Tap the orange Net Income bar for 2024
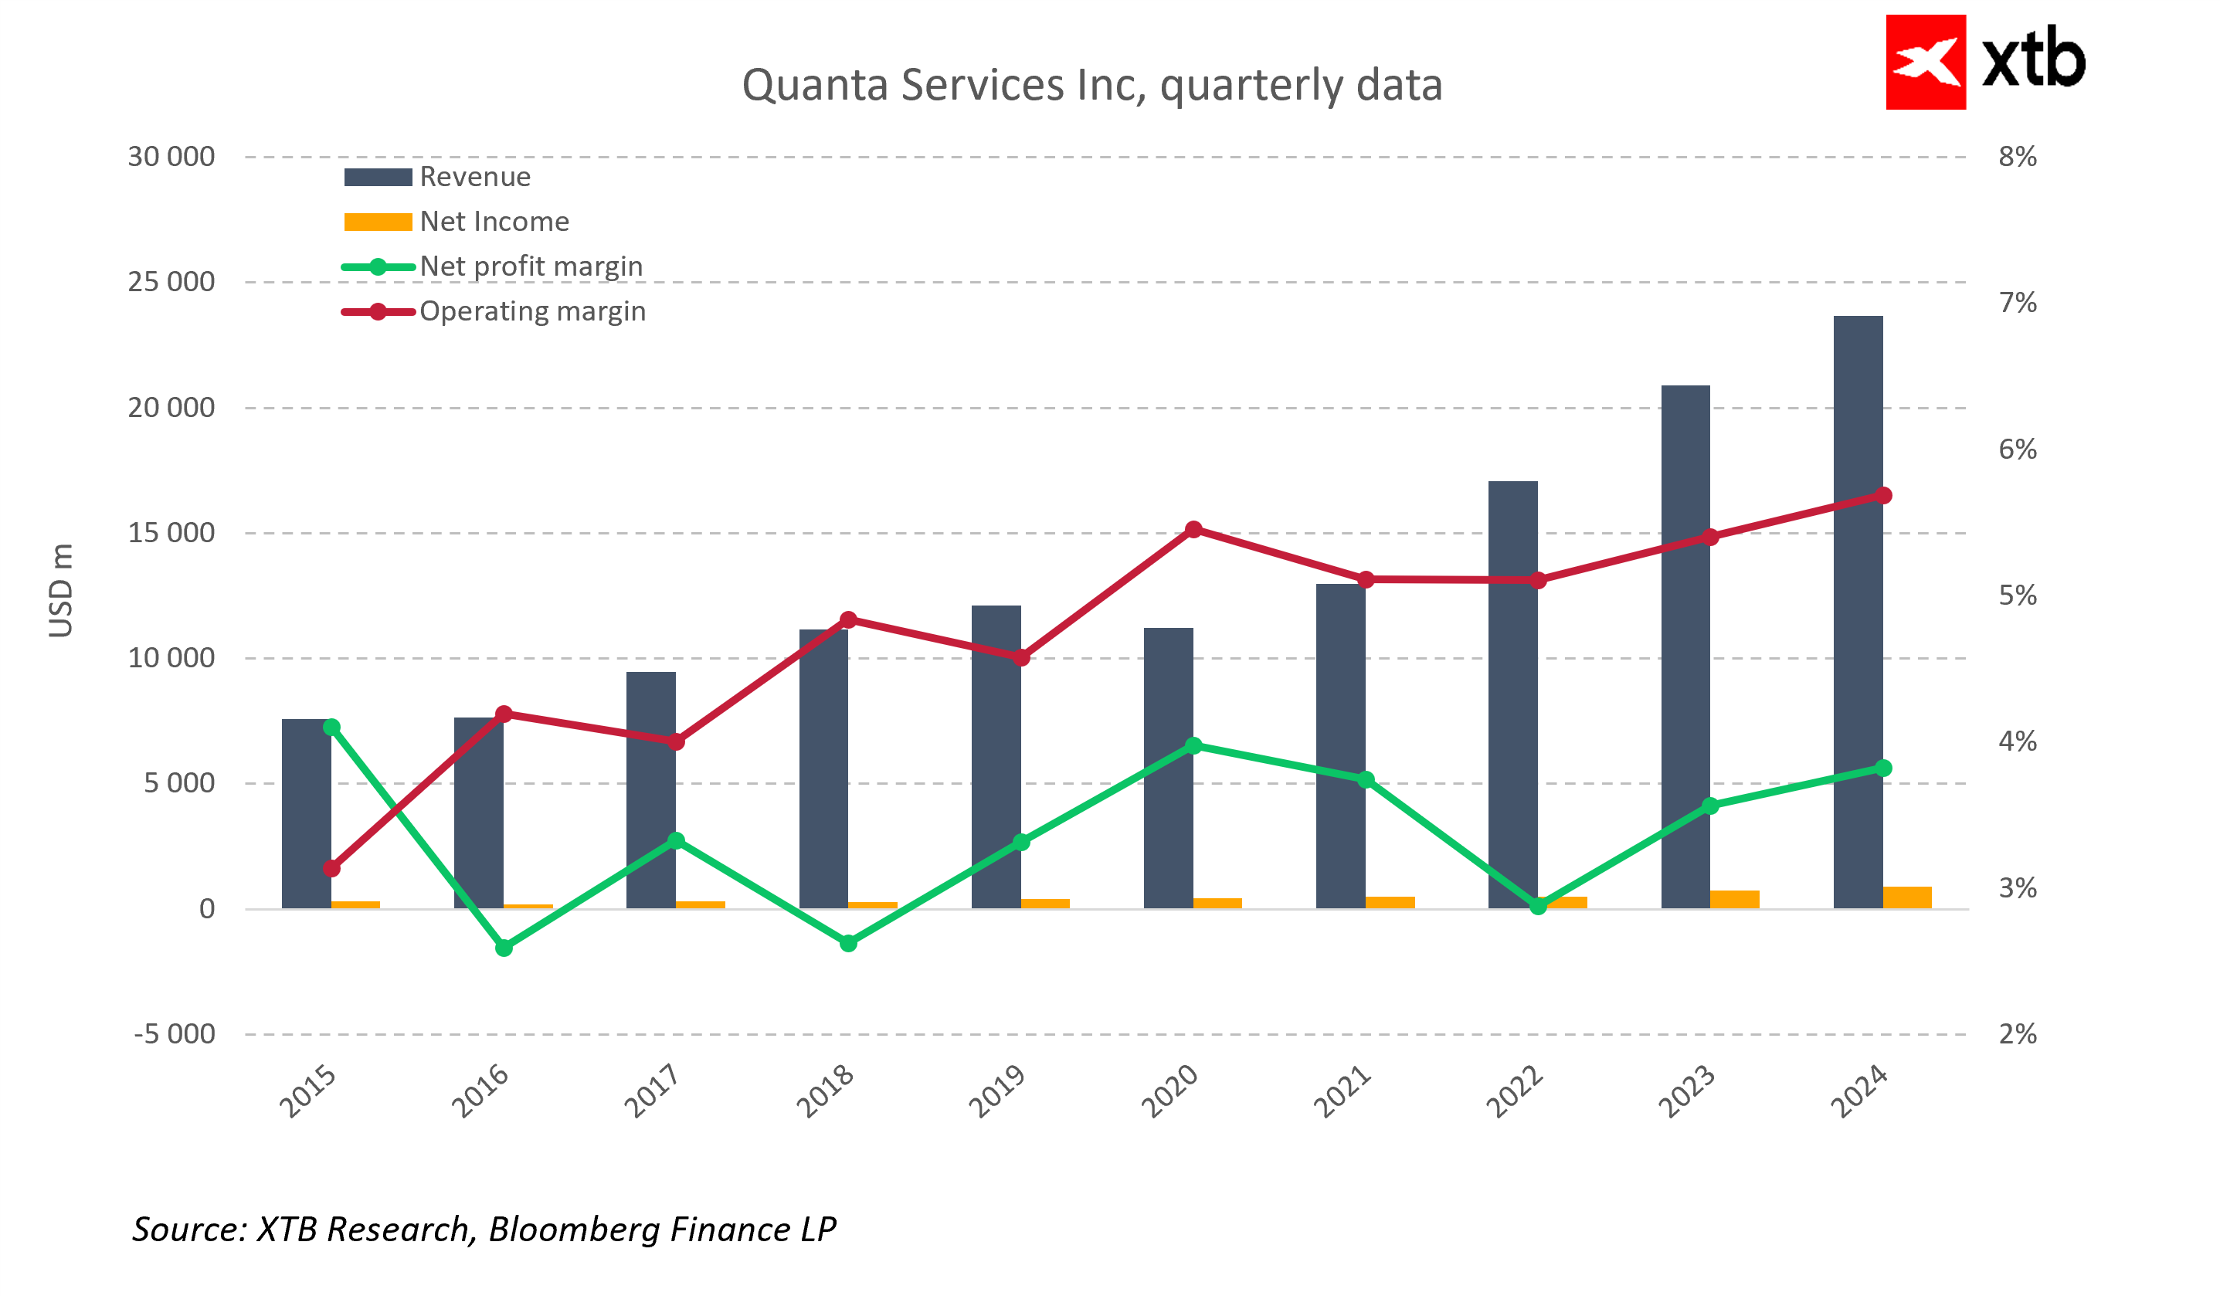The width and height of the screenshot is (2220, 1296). [x=1907, y=897]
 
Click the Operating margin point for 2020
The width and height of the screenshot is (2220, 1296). [x=1193, y=530]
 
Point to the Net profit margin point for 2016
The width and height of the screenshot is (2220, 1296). [x=504, y=948]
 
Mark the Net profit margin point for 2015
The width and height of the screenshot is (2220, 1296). [x=332, y=727]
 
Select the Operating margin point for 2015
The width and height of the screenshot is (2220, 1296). [x=332, y=869]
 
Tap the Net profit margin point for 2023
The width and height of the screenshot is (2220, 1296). [x=1710, y=806]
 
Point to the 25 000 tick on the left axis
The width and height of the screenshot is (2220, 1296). [x=171, y=282]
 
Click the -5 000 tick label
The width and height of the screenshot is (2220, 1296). [x=175, y=1034]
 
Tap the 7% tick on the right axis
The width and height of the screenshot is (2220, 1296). [x=2018, y=303]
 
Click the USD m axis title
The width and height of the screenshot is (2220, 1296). [x=61, y=590]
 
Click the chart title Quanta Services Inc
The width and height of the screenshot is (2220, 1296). [x=1091, y=86]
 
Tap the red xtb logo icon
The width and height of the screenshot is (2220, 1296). [x=1925, y=62]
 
